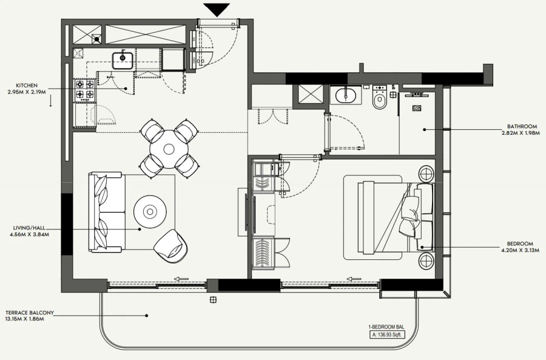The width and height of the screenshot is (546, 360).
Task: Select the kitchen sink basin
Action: (123, 59)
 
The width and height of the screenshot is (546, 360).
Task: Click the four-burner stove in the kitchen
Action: (84, 90)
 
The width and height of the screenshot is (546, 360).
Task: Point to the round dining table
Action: (169, 146)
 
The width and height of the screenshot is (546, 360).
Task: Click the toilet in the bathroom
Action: (380, 98)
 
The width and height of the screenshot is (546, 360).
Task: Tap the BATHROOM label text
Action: (523, 127)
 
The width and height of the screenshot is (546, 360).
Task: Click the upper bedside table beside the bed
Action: (426, 174)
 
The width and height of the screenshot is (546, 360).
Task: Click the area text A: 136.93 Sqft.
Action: (387, 334)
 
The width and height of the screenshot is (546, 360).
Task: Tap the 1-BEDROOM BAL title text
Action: (387, 327)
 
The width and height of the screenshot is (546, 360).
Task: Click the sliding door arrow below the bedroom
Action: (354, 279)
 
